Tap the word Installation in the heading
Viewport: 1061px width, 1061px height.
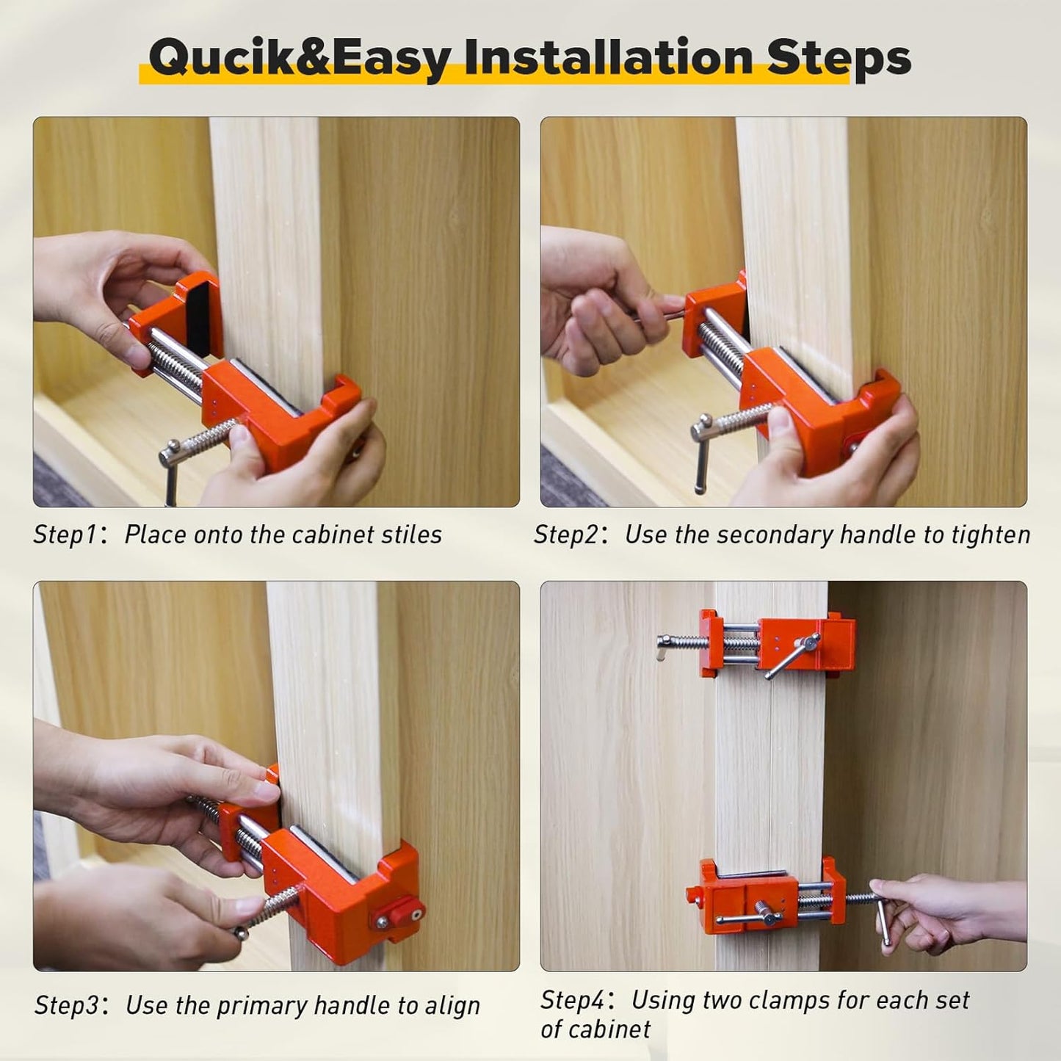[x=609, y=57]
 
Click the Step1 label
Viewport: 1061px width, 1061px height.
[x=65, y=535]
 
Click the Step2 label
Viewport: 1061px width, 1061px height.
[x=565, y=535]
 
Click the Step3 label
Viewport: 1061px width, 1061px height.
[x=66, y=1005]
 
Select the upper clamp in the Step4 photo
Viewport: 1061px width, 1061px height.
[x=778, y=644]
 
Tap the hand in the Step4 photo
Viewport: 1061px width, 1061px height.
[x=947, y=910]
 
